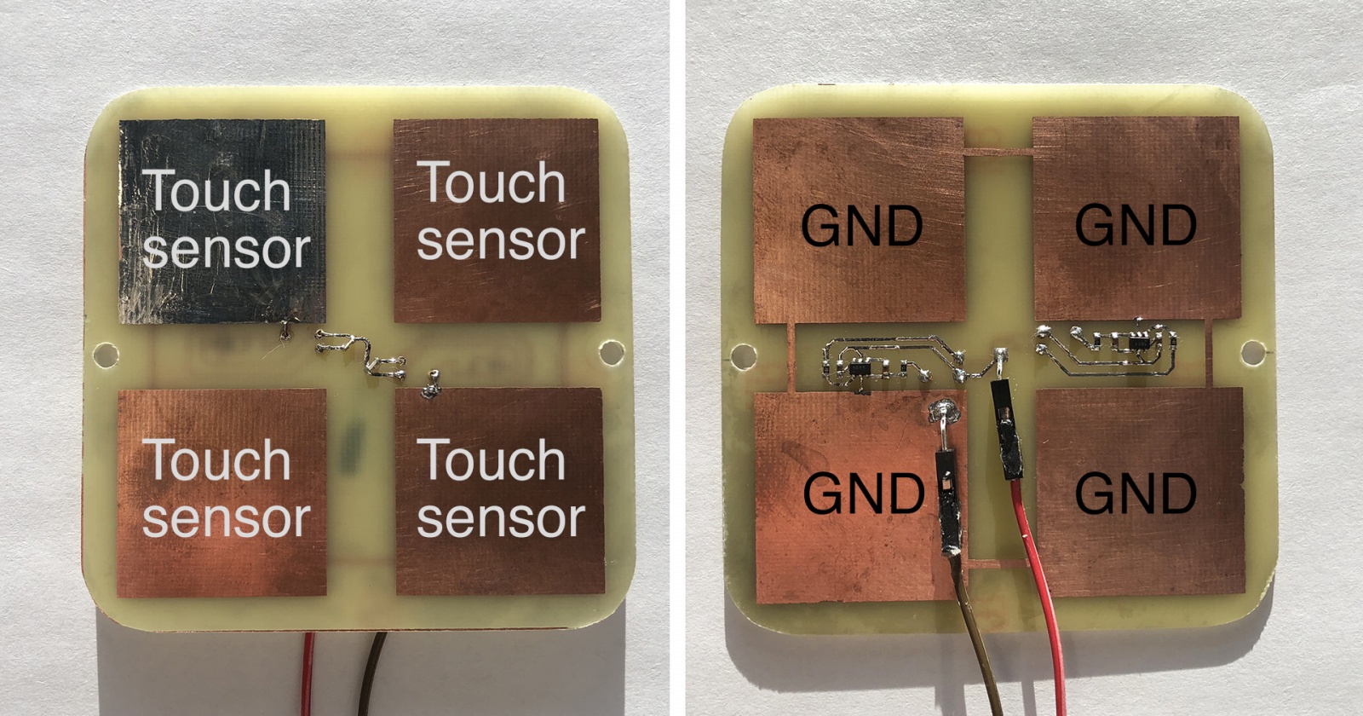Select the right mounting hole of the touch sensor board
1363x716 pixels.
pyautogui.click(x=612, y=351)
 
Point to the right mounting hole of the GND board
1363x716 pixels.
pyautogui.click(x=1252, y=351)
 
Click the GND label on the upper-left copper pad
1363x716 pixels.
pyautogui.click(x=861, y=226)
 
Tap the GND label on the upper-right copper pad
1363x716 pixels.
pyautogui.click(x=1136, y=224)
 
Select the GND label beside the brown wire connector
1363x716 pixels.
pyautogui.click(x=863, y=494)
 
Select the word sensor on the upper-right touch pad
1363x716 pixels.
pyautogui.click(x=500, y=241)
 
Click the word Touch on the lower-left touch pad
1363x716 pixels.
pyautogui.click(x=217, y=460)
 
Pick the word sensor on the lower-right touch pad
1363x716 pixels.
pyautogui.click(x=500, y=518)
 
